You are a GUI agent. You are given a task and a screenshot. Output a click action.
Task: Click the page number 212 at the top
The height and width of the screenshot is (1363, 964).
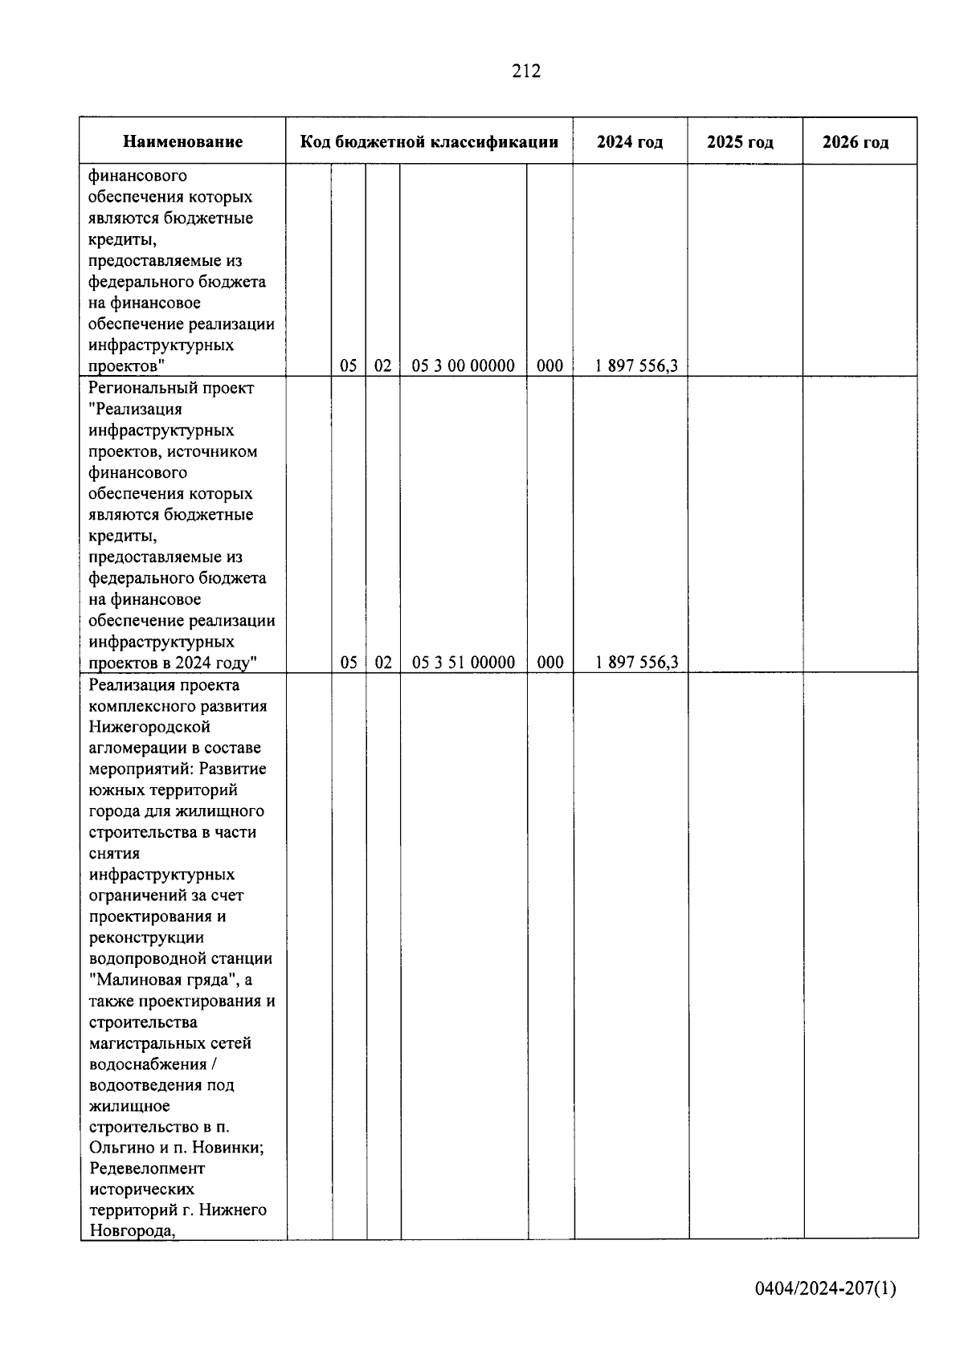tap(526, 71)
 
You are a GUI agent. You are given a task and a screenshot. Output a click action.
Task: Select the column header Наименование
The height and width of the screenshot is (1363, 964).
tap(182, 142)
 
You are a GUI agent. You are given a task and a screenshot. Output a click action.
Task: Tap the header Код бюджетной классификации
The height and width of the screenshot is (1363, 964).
tap(429, 142)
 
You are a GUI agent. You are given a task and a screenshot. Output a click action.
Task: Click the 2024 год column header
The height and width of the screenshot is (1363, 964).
tap(630, 142)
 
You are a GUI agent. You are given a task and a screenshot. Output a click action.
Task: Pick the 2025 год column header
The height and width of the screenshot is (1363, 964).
tap(740, 142)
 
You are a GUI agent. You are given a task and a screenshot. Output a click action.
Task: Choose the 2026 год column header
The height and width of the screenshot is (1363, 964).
tap(856, 142)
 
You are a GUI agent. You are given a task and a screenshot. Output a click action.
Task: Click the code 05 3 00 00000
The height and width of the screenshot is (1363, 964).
tap(463, 366)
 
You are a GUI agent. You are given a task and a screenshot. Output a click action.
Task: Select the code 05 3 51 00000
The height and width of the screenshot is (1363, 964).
tap(463, 663)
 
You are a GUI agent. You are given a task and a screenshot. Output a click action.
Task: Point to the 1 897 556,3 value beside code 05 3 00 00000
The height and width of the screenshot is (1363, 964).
tap(636, 366)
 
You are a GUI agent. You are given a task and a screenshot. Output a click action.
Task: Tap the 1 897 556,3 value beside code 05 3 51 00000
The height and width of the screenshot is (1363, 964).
tap(636, 663)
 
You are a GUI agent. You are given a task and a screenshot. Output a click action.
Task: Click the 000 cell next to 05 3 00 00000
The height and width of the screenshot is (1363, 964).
tap(549, 366)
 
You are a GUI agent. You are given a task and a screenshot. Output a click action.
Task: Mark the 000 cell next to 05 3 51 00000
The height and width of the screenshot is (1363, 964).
tap(549, 663)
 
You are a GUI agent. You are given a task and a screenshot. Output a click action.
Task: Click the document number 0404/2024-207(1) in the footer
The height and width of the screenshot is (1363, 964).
tap(825, 1289)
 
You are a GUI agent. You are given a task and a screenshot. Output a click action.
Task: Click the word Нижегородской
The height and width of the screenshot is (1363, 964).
tap(149, 727)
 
